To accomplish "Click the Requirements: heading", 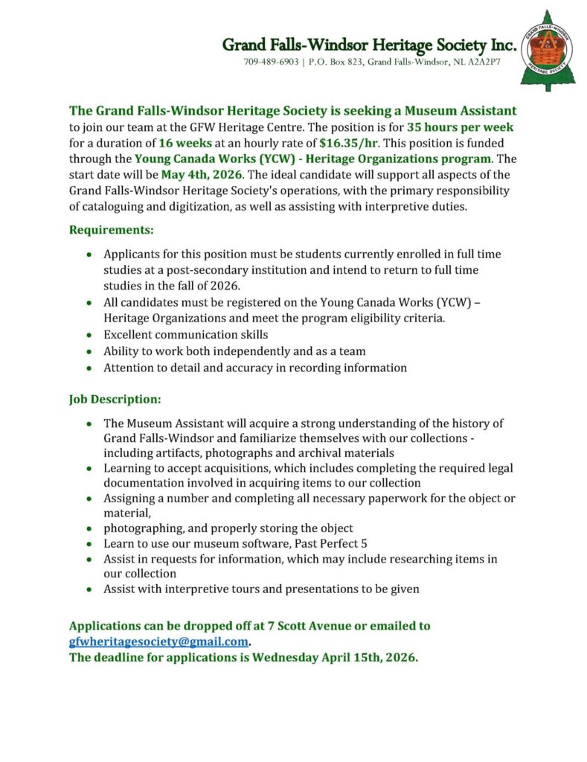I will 112,230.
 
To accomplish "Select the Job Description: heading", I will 115,399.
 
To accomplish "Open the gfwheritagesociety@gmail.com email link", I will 158,641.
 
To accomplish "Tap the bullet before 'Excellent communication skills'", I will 90,336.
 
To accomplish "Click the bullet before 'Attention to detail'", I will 90,368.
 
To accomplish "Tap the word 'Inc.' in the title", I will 500,45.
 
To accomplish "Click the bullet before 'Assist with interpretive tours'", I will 90,589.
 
